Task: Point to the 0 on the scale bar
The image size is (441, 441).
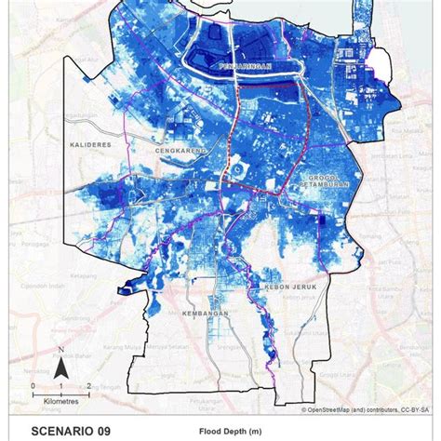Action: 33,384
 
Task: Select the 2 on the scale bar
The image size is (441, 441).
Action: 87,384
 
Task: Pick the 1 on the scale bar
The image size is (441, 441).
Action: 60,384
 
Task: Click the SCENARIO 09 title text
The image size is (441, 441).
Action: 71,431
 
